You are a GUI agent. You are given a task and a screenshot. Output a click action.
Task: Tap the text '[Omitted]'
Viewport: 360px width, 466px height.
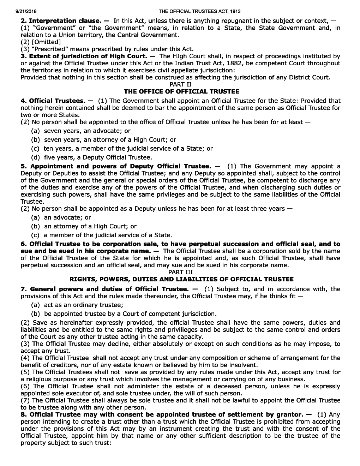click(x=46, y=42)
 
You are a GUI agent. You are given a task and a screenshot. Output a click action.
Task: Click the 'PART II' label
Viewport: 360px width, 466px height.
click(x=180, y=84)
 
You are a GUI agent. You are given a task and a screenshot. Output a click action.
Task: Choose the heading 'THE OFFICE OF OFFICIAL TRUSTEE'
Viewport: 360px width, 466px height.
click(x=180, y=92)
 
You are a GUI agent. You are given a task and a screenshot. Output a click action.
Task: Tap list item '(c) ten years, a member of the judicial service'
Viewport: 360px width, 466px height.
click(x=122, y=149)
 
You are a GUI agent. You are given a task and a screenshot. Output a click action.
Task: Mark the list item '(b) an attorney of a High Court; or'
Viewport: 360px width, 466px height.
click(x=84, y=226)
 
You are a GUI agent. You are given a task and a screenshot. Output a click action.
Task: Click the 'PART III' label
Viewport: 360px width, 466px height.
click(x=180, y=272)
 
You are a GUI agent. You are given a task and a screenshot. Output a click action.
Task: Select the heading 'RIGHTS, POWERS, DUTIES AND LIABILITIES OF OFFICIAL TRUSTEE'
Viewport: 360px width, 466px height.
click(x=181, y=279)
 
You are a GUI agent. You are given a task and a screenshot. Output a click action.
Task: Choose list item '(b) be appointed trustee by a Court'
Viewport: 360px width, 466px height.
click(x=124, y=314)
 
